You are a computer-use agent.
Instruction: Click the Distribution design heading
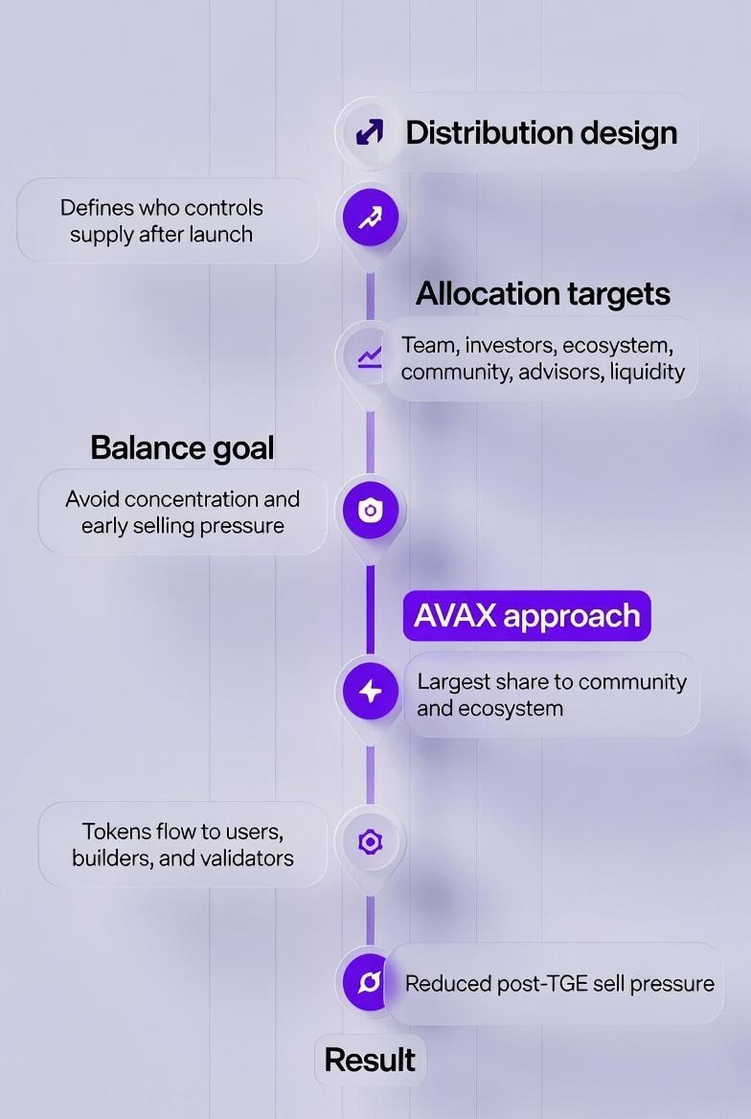541,132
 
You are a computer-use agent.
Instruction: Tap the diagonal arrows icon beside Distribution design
370,132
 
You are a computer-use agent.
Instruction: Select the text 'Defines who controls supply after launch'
161,220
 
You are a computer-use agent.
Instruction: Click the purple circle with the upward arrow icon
370,217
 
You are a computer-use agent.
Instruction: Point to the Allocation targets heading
542,293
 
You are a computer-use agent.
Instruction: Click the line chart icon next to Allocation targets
369,357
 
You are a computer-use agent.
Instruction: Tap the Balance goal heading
182,447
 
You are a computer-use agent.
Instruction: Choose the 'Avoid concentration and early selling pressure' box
182,512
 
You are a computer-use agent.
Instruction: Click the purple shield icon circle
370,511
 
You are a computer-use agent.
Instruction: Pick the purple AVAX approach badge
527,615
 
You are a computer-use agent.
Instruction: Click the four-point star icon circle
370,691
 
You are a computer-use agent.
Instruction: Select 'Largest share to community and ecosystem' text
551,695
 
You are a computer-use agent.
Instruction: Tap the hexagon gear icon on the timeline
370,842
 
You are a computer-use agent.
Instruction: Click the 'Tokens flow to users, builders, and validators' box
182,844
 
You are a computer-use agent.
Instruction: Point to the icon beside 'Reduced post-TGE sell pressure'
368,982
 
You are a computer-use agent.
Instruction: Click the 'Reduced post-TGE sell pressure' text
559,983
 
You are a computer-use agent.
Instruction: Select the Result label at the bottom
370,1060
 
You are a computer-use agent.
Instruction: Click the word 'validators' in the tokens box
248,857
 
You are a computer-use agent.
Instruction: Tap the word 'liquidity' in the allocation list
647,371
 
